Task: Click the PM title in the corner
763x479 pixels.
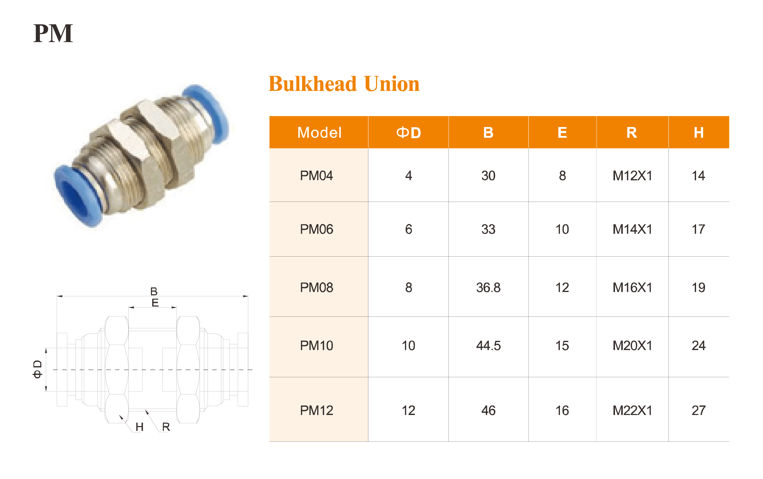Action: [53, 33]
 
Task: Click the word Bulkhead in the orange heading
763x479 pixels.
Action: [313, 84]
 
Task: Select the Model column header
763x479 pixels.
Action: [319, 132]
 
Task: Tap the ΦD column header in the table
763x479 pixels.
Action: [408, 132]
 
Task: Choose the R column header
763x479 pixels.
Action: [632, 132]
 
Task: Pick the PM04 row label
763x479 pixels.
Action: [316, 176]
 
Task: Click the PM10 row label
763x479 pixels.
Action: [316, 346]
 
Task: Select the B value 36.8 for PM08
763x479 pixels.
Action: [488, 287]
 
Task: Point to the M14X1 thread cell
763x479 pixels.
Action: [632, 229]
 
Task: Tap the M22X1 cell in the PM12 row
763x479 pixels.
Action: [632, 410]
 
